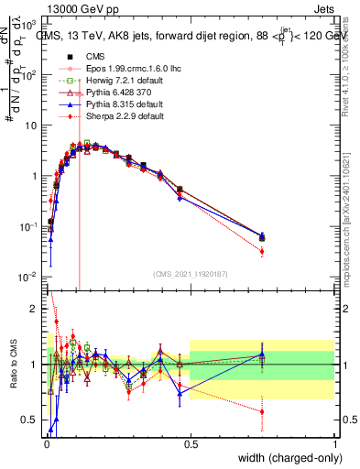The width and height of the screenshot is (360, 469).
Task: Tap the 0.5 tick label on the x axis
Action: (x=190, y=442)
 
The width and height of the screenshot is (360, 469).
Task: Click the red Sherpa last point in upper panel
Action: (x=262, y=251)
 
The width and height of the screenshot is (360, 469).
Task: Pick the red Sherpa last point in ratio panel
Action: (x=262, y=411)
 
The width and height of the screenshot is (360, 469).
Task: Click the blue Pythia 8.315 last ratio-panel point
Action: (x=262, y=354)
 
